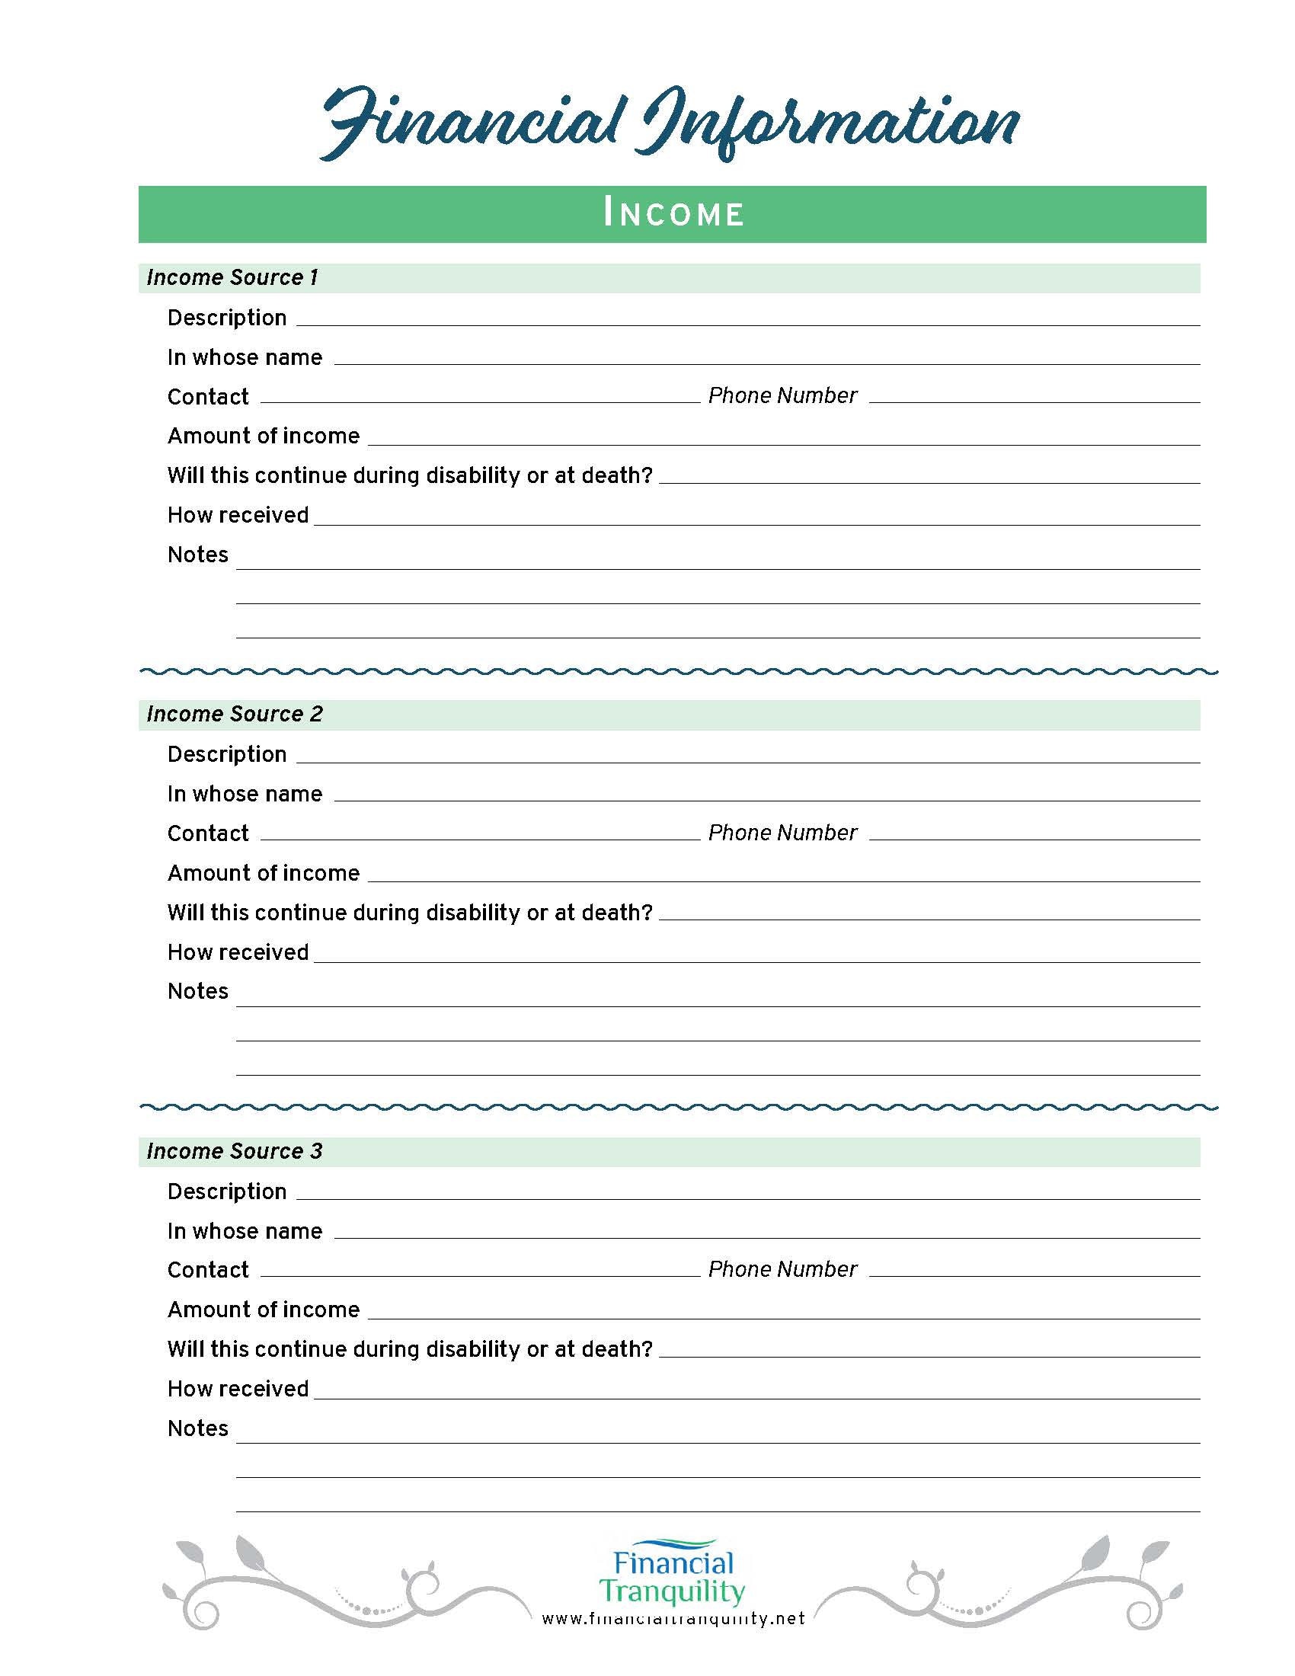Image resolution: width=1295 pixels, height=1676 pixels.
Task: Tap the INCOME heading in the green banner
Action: click(x=673, y=214)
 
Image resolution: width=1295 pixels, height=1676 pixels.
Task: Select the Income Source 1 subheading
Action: click(x=232, y=278)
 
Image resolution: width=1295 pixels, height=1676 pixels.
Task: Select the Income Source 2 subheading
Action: click(x=235, y=715)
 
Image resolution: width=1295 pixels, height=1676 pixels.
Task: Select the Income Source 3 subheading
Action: click(x=235, y=1151)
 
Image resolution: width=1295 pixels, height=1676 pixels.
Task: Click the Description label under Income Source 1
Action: click(x=227, y=318)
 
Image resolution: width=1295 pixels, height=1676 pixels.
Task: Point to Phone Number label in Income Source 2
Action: click(x=782, y=833)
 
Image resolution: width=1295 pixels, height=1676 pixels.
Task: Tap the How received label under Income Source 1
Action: click(x=238, y=515)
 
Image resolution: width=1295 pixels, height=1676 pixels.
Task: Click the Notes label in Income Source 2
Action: click(x=198, y=991)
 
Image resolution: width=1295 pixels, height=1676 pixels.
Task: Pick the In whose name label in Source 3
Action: click(x=245, y=1231)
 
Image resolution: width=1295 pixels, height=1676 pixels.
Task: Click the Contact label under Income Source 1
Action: click(x=208, y=397)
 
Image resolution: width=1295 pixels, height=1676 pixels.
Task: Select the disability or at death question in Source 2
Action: click(x=410, y=913)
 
